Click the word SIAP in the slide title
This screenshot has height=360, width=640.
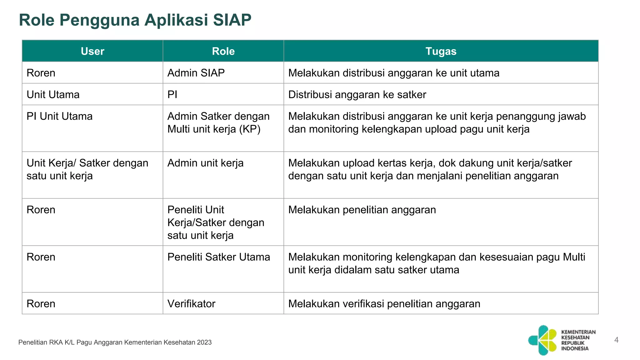(x=232, y=20)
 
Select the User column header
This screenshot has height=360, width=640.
(x=92, y=51)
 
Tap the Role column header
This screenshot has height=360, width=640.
(x=223, y=51)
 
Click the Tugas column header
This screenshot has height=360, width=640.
(x=441, y=51)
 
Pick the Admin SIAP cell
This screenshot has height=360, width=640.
(x=196, y=73)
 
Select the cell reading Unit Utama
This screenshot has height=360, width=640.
(x=53, y=94)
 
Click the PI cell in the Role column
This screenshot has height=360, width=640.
(x=172, y=94)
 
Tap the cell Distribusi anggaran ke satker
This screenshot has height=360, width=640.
(x=357, y=94)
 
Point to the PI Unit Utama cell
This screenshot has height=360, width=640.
(x=59, y=116)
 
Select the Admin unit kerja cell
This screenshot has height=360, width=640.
(x=205, y=163)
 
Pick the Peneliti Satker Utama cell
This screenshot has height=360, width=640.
(x=218, y=257)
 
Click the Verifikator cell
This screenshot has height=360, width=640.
(x=191, y=304)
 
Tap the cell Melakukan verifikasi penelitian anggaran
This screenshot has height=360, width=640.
(x=384, y=304)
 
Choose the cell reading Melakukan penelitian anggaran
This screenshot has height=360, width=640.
(x=362, y=210)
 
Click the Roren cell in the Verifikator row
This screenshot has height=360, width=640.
(x=41, y=304)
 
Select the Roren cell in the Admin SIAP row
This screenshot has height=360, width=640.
(x=41, y=73)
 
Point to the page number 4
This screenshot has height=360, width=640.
(x=616, y=340)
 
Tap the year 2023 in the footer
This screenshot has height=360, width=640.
(x=204, y=342)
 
